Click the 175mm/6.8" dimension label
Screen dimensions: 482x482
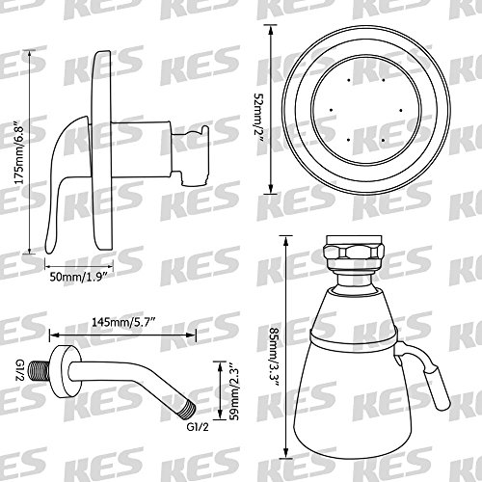pyautogui.click(x=20, y=152)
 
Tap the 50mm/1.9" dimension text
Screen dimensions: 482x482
pyautogui.click(x=78, y=277)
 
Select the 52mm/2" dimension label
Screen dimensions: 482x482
pyautogui.click(x=258, y=122)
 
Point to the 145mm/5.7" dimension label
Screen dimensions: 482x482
pyautogui.click(x=124, y=322)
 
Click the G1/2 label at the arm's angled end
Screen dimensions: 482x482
pyautogui.click(x=198, y=427)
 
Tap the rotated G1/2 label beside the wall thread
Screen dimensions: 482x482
pyautogui.click(x=20, y=371)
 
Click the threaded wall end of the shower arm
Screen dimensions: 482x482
pyautogui.click(x=40, y=371)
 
